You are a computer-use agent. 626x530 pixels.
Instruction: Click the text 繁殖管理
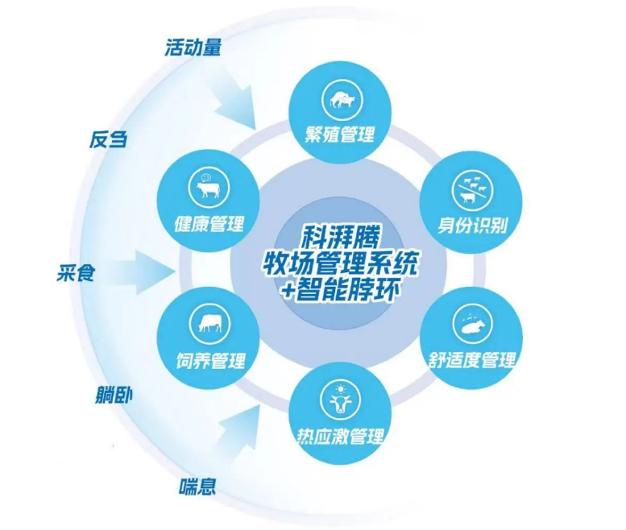click(x=339, y=135)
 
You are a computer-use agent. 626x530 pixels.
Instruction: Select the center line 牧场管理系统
click(x=339, y=263)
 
